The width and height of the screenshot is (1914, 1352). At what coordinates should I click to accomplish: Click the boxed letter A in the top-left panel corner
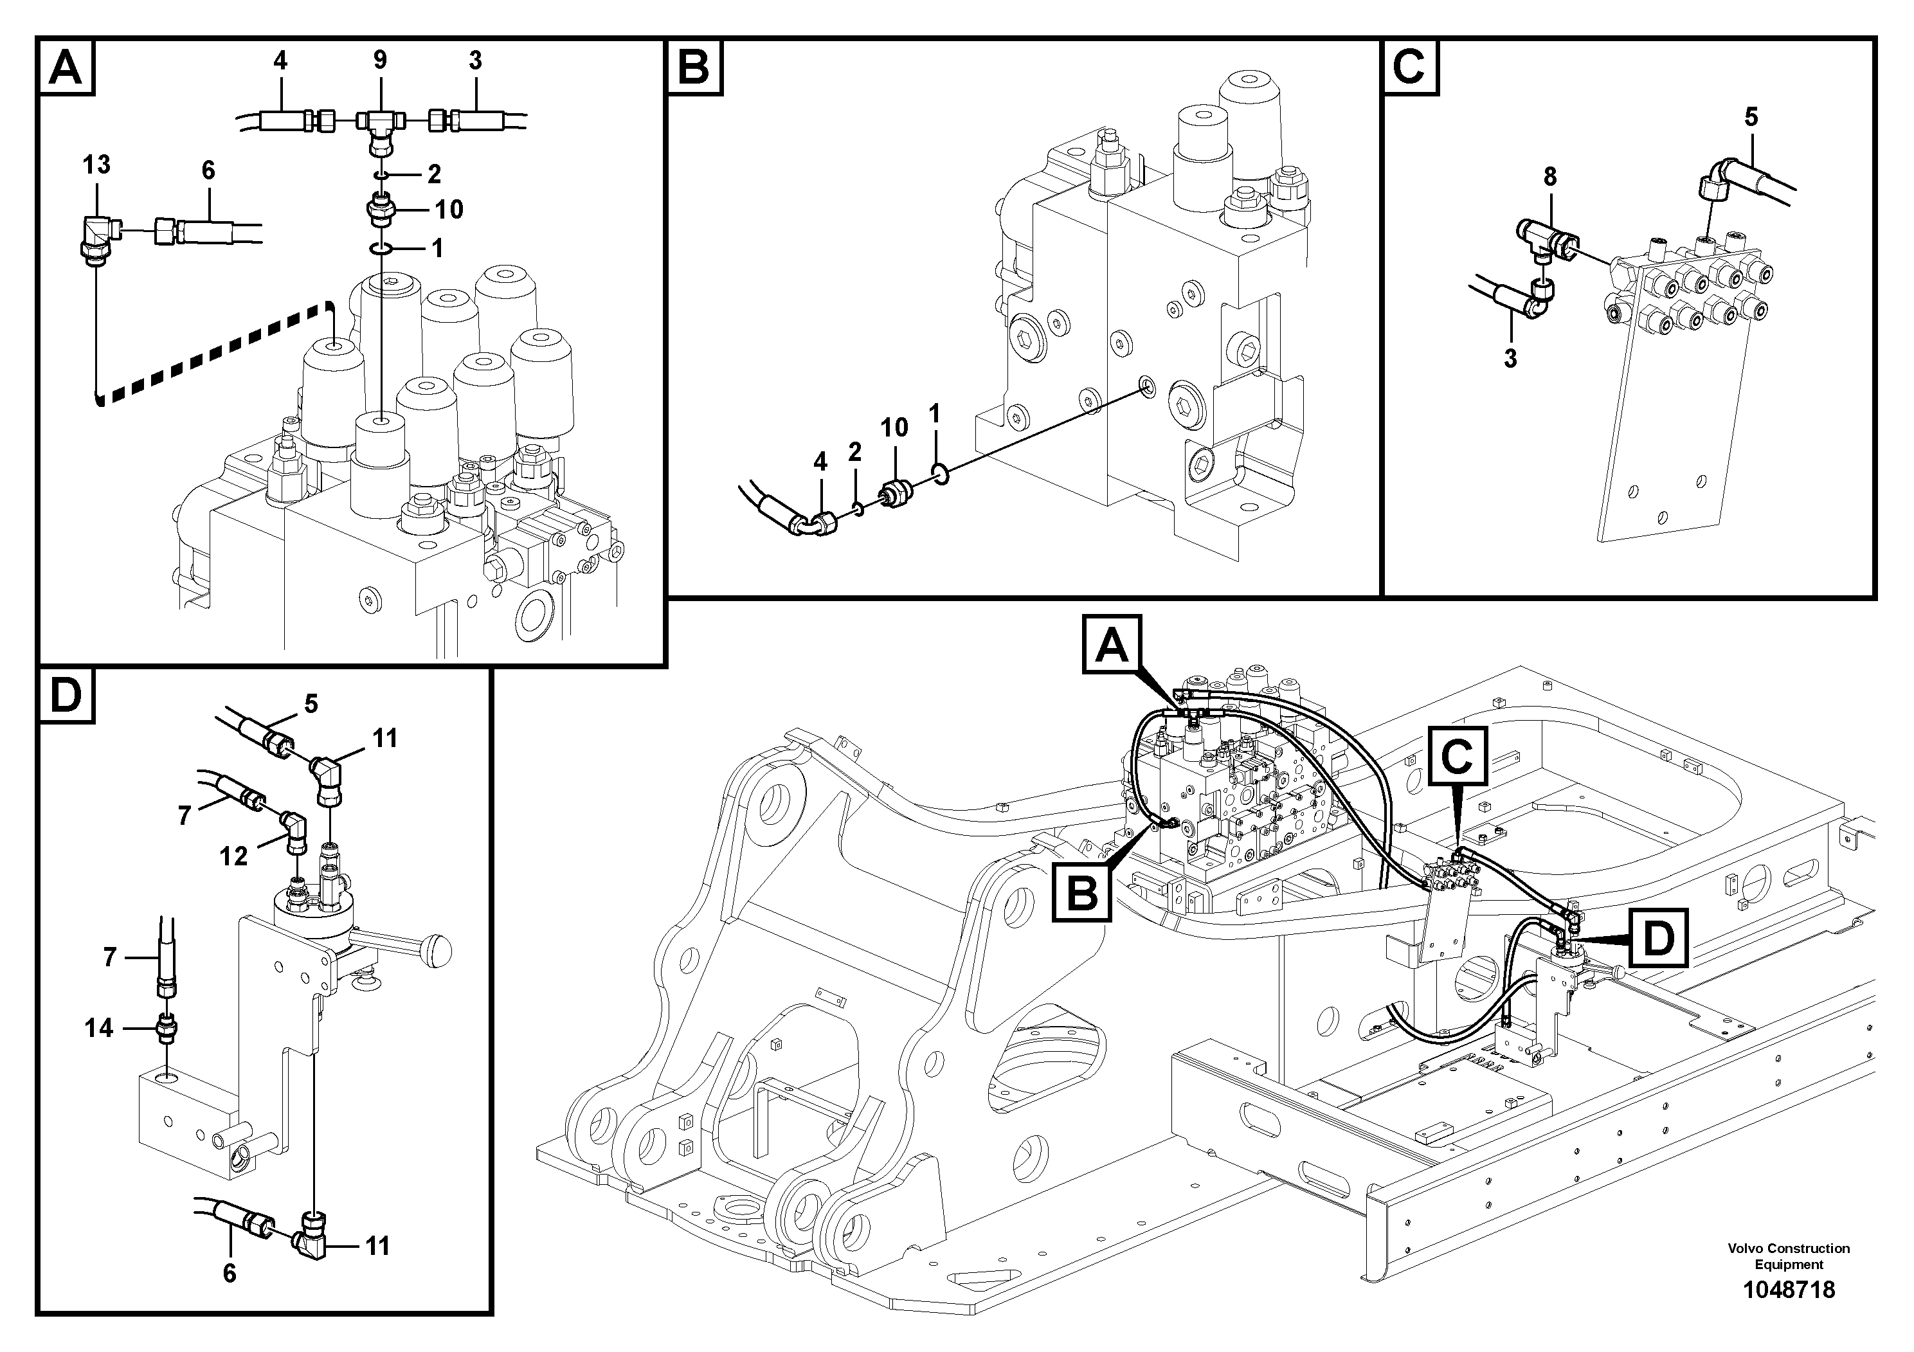tap(66, 67)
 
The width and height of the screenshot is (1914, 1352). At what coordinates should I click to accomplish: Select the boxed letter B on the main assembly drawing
tap(1082, 894)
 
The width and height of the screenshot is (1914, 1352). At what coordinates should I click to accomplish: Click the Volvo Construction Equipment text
tap(1788, 1256)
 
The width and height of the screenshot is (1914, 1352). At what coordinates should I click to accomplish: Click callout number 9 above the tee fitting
tap(379, 60)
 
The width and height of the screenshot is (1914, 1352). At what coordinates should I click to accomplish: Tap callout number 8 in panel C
tap(1549, 177)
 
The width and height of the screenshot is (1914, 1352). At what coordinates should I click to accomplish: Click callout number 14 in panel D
tap(98, 1028)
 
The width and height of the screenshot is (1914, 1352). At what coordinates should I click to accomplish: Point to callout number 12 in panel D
tap(233, 856)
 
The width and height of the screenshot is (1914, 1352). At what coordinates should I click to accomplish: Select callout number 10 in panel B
tap(894, 428)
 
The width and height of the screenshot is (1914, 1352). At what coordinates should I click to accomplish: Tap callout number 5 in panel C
tap(1751, 117)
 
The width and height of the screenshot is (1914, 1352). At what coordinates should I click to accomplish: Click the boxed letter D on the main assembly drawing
tap(1658, 939)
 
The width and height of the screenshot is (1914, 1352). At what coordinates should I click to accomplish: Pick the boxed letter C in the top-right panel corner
tap(1410, 67)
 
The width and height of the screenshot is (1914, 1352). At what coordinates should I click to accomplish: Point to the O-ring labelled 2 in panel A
tap(379, 175)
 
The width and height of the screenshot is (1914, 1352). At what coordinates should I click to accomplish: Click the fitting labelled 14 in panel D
tap(167, 1029)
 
